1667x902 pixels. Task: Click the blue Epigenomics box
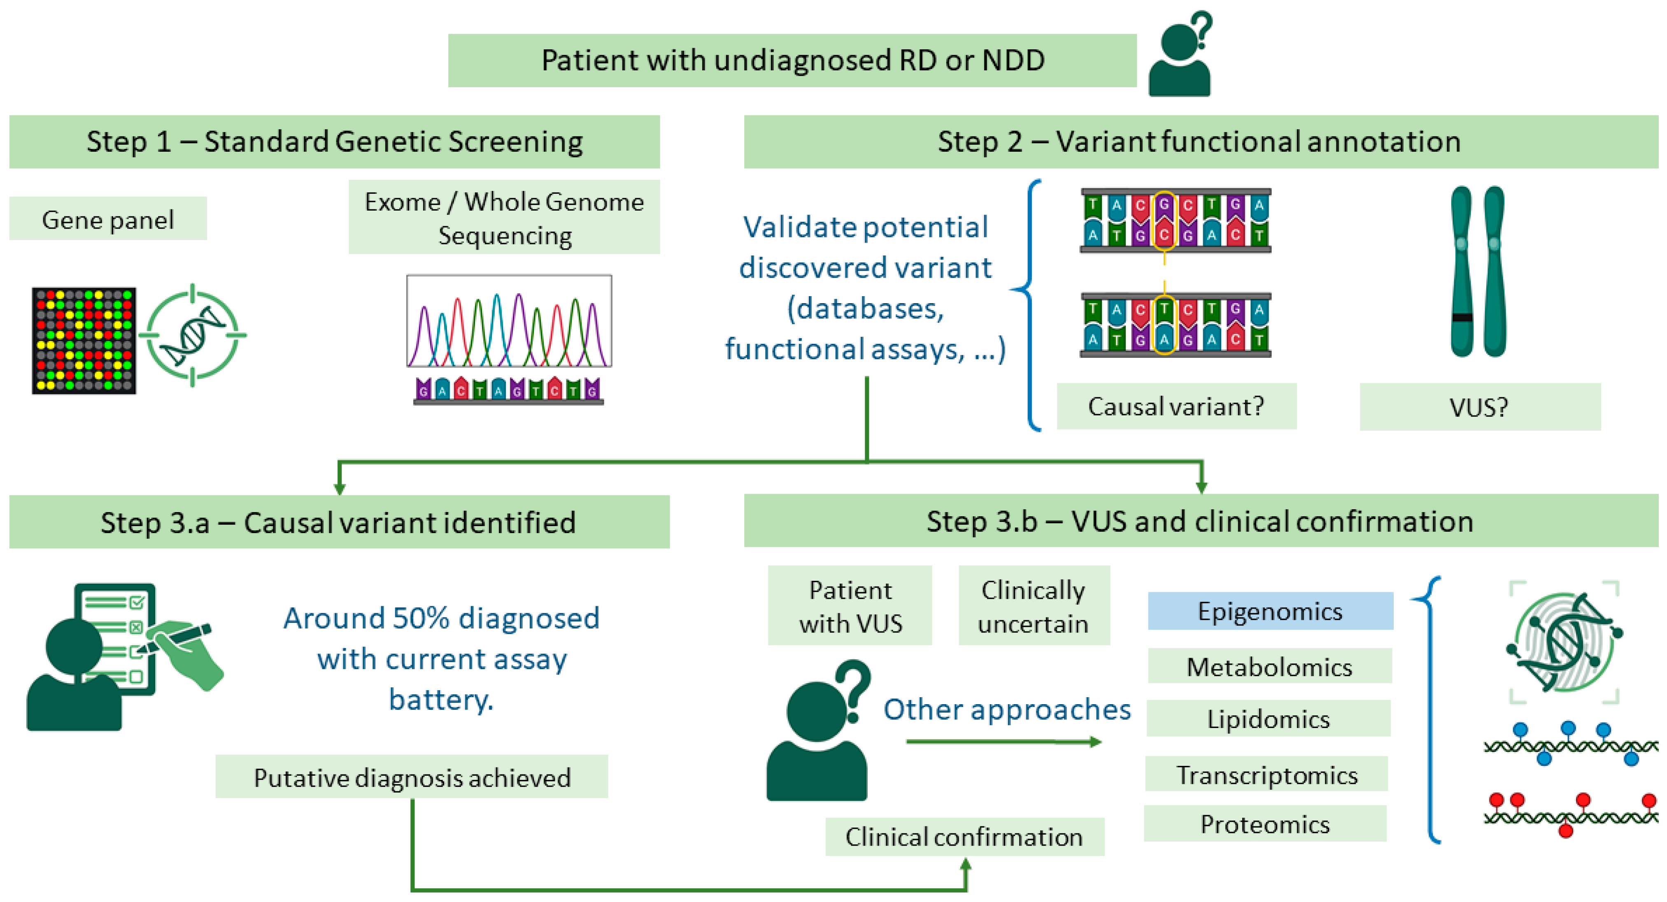point(1270,611)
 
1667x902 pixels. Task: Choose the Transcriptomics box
point(1267,774)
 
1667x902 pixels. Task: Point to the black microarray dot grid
point(84,341)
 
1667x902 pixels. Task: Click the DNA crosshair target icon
point(193,335)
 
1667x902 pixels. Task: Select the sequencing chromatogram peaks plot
point(509,321)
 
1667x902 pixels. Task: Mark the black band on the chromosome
point(1462,318)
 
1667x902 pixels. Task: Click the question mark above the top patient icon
point(1202,29)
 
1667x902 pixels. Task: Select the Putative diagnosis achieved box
point(412,777)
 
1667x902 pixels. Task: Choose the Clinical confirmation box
point(964,837)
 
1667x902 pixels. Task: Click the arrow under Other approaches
point(1003,742)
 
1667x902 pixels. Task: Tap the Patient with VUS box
point(850,606)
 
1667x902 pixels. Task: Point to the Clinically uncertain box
point(1034,606)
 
